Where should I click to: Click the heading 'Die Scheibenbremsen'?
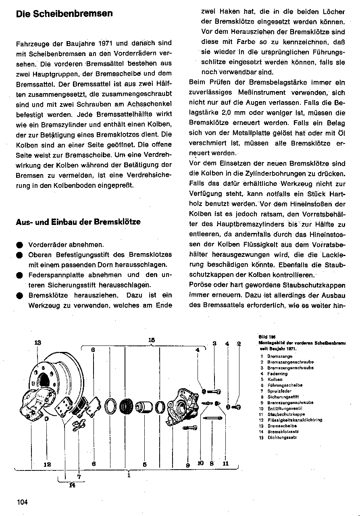coord(64,14)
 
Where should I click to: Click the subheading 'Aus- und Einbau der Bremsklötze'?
coord(78,222)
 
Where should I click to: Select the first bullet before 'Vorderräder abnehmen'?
coord(19,245)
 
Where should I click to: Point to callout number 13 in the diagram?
coord(37,343)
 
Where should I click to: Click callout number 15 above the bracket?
coord(151,340)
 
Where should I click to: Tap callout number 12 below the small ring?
coord(47,464)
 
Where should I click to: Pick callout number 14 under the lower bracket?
coord(72,485)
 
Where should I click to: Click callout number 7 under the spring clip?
coord(79,476)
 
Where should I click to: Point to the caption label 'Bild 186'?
coord(264,337)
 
